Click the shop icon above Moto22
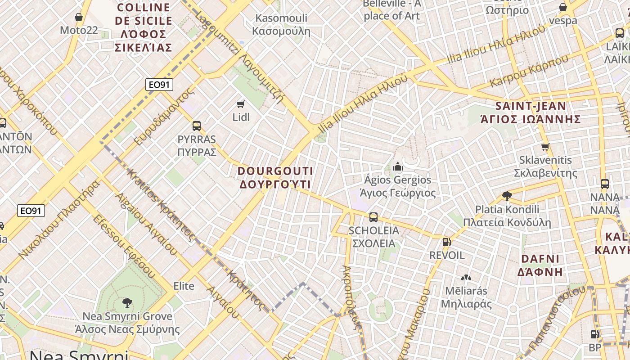[79, 17]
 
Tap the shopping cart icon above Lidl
[240, 104]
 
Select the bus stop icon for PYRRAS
[197, 126]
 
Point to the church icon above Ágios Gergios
[397, 167]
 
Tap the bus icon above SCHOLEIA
[373, 217]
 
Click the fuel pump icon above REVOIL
[446, 242]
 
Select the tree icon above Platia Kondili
[507, 196]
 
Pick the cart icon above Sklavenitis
[545, 147]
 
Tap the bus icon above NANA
[605, 184]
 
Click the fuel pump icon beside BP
[594, 334]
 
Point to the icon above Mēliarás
[466, 278]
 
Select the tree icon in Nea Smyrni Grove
[127, 302]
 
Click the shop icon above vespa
[562, 7]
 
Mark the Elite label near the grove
[184, 286]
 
